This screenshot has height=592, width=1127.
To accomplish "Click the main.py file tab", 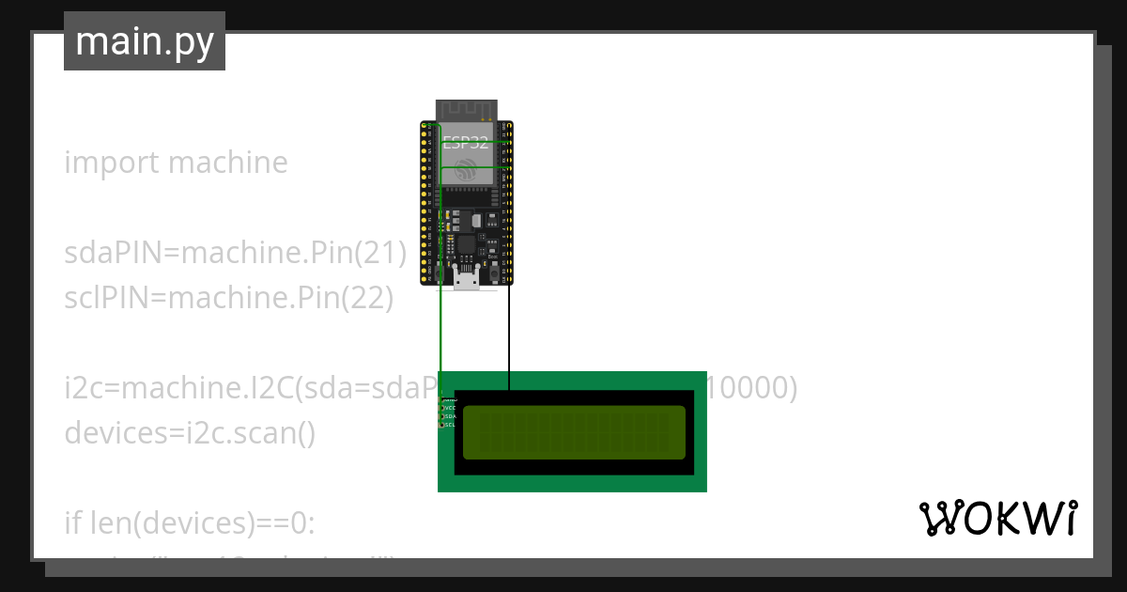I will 144,41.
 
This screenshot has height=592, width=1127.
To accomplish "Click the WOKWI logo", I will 997,518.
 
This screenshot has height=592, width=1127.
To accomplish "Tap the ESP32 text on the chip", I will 466,144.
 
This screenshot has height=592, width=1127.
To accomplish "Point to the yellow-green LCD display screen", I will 574,432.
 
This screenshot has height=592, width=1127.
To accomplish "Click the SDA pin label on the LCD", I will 449,416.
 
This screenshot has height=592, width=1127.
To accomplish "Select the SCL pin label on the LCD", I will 449,425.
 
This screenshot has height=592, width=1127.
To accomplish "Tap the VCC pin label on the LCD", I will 449,408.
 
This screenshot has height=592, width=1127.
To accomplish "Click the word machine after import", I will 228,163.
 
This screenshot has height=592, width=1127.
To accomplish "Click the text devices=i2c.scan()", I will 190,433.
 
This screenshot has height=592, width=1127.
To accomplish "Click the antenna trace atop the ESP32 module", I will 465,109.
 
